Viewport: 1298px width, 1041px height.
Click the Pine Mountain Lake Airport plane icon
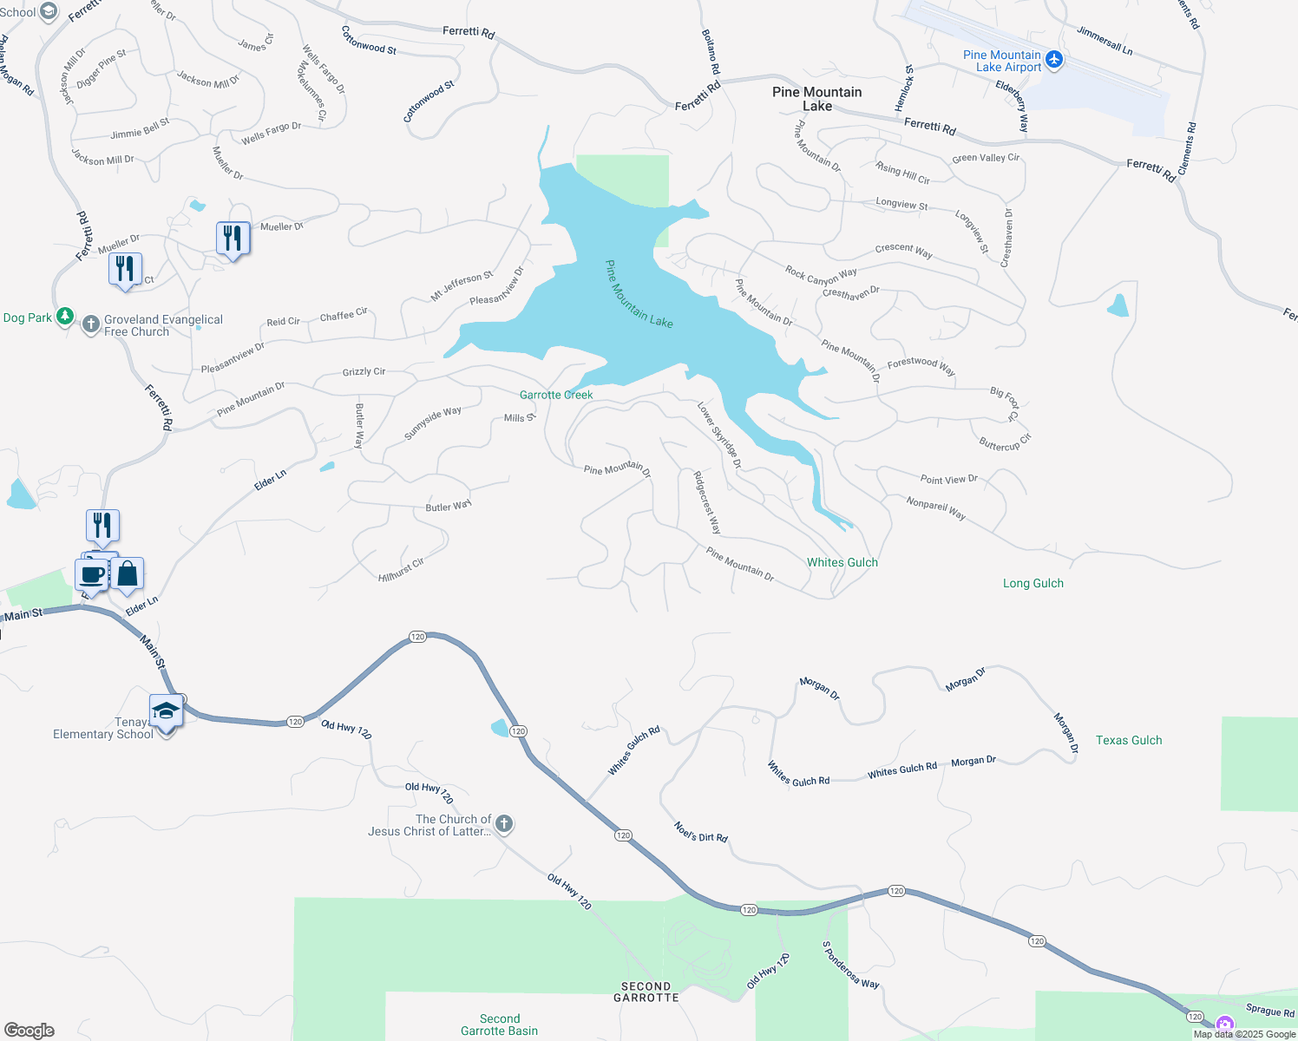point(1054,59)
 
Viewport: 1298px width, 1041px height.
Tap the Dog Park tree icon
point(65,316)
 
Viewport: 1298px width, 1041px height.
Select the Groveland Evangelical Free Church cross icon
point(91,325)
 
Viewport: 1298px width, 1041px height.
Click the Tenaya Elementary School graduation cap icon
point(166,712)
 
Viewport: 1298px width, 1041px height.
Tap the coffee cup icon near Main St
point(92,574)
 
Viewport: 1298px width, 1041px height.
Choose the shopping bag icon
point(127,573)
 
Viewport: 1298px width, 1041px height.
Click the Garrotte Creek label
point(556,395)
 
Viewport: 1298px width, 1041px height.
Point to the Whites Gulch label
point(842,562)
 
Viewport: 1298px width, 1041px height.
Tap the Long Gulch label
point(1032,583)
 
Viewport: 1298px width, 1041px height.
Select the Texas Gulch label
point(1128,740)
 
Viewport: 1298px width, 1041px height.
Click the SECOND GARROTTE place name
point(646,992)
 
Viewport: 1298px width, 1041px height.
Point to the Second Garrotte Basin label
point(499,1025)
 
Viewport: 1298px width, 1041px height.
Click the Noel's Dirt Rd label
point(700,832)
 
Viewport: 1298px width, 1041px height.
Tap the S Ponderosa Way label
point(850,965)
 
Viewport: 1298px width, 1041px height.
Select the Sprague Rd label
point(1269,1010)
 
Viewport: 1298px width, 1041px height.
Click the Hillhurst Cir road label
point(401,570)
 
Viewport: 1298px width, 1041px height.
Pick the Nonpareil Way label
point(935,507)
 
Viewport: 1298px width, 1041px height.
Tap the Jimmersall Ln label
point(1105,41)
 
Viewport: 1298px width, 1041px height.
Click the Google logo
point(29,1031)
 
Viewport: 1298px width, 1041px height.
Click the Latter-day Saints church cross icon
point(503,823)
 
